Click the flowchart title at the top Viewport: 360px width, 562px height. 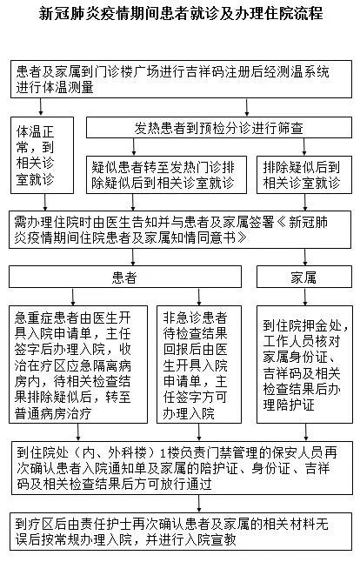tap(181, 14)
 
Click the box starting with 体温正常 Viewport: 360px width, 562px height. tap(43, 155)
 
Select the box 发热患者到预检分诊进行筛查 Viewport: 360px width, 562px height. tap(219, 127)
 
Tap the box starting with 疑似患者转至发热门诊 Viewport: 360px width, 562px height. tap(166, 175)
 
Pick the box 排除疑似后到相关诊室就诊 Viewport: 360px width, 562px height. tap(304, 175)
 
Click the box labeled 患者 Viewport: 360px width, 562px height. tap(125, 277)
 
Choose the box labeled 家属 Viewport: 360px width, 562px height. tap(304, 277)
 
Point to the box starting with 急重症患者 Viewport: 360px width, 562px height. tap(78, 365)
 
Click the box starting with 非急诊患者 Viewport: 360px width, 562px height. tap(199, 365)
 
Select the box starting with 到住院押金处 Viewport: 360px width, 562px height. tap(304, 365)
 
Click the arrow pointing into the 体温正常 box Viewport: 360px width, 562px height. tap(41, 107)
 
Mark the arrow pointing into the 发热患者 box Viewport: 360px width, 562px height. tap(246, 107)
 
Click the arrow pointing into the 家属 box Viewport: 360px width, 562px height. tap(305, 257)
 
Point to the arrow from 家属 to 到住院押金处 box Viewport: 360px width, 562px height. tap(305, 297)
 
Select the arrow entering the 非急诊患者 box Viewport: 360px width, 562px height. tap(199, 297)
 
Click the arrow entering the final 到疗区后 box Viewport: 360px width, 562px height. tap(199, 504)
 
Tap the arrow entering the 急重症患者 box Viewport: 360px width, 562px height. tap(73, 297)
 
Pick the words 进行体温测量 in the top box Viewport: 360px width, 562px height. tap(55, 87)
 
